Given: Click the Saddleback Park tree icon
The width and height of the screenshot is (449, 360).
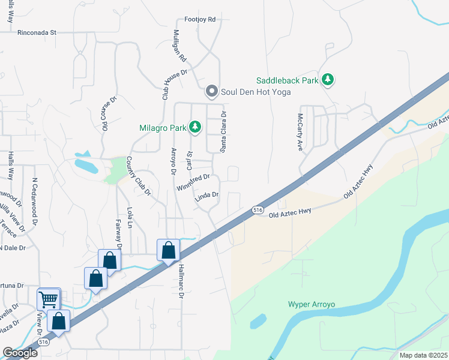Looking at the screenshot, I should pos(328,79).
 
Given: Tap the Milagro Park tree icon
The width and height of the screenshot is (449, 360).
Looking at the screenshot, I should pos(194,127).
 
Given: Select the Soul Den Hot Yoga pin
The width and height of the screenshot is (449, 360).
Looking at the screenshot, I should pos(211,92).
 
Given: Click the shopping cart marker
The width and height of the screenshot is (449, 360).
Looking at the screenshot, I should pos(49,299).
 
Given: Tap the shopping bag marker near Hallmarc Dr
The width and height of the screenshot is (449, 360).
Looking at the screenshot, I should pos(169,250).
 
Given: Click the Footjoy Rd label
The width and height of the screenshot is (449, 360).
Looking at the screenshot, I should pos(200,20).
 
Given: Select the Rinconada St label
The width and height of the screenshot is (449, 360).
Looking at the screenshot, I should pos(37,32).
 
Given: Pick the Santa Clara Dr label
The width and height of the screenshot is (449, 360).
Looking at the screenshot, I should pos(222,132).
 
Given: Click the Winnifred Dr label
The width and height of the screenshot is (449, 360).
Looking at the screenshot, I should pos(193,182).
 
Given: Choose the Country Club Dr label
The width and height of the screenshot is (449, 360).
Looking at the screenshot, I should pos(138,176).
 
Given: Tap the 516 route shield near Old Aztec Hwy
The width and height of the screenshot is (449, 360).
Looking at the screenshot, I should pos(258,210).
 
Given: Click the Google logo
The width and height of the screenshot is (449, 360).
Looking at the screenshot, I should pos(20,353).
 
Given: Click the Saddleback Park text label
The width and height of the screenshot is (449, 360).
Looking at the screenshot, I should pos(288,80).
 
